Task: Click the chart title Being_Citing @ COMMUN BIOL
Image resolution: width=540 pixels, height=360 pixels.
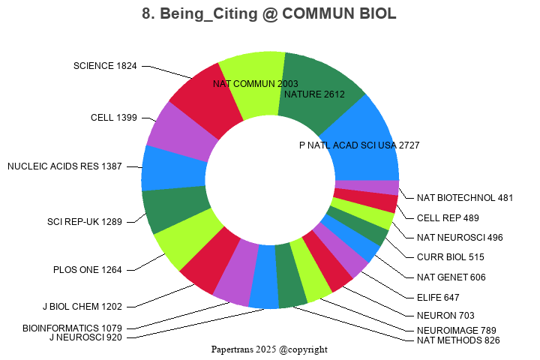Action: point(269,14)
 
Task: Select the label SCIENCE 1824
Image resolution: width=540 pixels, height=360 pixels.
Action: point(105,66)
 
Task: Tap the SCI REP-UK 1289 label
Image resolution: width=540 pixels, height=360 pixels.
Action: point(84,221)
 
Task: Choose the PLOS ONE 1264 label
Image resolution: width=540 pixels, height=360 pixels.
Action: point(87,269)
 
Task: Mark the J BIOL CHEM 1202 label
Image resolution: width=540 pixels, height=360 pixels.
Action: point(82,306)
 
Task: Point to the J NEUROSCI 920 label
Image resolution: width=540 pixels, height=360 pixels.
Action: point(85,337)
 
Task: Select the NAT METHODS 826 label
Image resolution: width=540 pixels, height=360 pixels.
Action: point(457,340)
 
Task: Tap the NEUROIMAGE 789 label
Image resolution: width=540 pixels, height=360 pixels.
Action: point(456,330)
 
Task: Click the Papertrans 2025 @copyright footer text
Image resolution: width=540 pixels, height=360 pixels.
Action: point(269,349)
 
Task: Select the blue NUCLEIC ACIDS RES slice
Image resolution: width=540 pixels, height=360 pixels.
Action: point(172,169)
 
